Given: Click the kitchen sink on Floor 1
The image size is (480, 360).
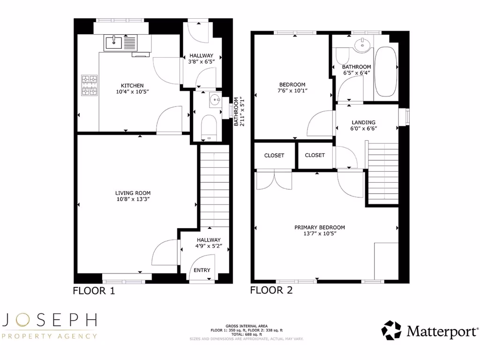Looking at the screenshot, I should (114, 43).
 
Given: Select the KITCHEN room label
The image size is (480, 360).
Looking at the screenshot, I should (132, 85).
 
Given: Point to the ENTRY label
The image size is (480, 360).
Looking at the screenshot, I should (202, 270).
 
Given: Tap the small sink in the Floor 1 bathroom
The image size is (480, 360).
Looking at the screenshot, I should (215, 99).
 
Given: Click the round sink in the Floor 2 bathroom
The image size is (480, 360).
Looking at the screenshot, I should (361, 45).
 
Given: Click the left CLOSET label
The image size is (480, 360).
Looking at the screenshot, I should (274, 155).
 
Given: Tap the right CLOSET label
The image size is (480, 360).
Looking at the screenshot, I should (315, 155).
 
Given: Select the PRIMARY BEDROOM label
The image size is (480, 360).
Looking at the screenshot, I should (319, 227).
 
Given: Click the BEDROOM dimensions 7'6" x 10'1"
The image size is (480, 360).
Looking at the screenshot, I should (292, 91).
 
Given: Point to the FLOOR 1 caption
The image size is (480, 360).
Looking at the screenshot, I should (94, 291).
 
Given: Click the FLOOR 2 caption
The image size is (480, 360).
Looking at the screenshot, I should (271, 290).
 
